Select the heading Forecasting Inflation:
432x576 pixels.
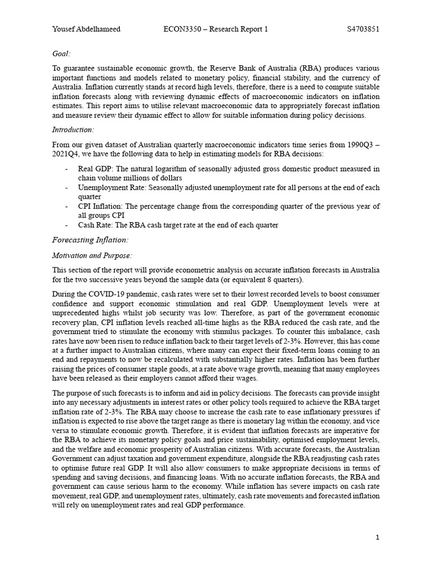(x=90, y=240)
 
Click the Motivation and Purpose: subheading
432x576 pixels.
(x=92, y=255)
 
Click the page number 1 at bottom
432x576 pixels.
(x=378, y=538)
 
